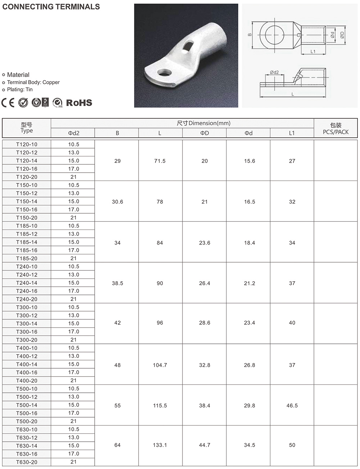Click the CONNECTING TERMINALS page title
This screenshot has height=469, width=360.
coord(51,7)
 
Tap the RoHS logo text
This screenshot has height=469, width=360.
coord(79,103)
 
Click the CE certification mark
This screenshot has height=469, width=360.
coord(8,103)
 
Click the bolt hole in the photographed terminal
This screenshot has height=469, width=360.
coord(165,72)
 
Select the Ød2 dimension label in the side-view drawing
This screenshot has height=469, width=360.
coord(274,72)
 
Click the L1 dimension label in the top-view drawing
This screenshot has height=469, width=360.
coord(313,51)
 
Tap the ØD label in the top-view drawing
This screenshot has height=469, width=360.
coord(342,35)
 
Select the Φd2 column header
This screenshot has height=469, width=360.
coord(73,133)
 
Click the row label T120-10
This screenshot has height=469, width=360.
coord(27,144)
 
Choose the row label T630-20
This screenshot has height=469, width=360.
coord(27,462)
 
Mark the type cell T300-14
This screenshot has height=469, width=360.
coord(27,324)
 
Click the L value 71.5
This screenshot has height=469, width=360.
coord(160,161)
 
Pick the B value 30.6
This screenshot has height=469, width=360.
coord(117,202)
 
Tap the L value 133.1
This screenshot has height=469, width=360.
coord(160,445)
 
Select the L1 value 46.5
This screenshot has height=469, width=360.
coord(292,405)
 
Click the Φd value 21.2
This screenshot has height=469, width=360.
coord(249,283)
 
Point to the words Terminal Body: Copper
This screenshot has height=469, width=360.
coord(33,82)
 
